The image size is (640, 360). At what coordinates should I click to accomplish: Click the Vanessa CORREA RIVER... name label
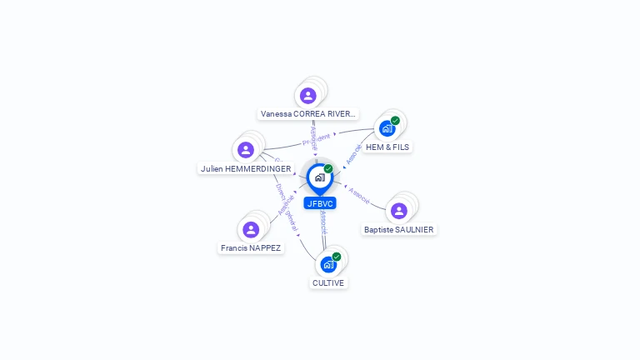point(308,113)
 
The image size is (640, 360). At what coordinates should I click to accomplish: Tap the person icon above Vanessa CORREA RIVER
point(308,95)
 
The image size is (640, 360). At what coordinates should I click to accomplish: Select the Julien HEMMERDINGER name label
point(246,168)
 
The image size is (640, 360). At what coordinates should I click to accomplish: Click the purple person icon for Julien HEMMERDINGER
point(246,150)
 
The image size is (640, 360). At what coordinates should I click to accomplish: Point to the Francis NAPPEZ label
point(251,247)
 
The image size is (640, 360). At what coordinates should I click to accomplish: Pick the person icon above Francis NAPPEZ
point(251,229)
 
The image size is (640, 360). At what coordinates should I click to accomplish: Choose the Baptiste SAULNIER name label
point(399,229)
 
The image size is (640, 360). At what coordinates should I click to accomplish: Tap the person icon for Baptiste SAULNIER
point(399,211)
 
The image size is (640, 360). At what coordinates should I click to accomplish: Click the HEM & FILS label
point(388,147)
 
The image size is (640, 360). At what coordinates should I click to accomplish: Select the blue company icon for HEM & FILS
point(387,128)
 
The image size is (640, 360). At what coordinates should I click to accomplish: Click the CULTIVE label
point(328,282)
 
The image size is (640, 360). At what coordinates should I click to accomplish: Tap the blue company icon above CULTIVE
point(328,264)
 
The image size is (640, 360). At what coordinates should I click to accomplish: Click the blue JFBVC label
point(320,203)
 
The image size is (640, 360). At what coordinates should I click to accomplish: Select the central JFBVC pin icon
point(319,177)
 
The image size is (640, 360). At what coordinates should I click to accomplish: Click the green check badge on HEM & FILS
point(395,121)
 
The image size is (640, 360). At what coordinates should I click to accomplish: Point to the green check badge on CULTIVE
point(337,257)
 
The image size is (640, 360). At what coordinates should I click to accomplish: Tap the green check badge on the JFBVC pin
point(328,169)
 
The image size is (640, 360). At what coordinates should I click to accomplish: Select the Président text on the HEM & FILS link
point(317,137)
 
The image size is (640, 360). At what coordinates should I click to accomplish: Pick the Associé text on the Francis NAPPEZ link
point(287,205)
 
